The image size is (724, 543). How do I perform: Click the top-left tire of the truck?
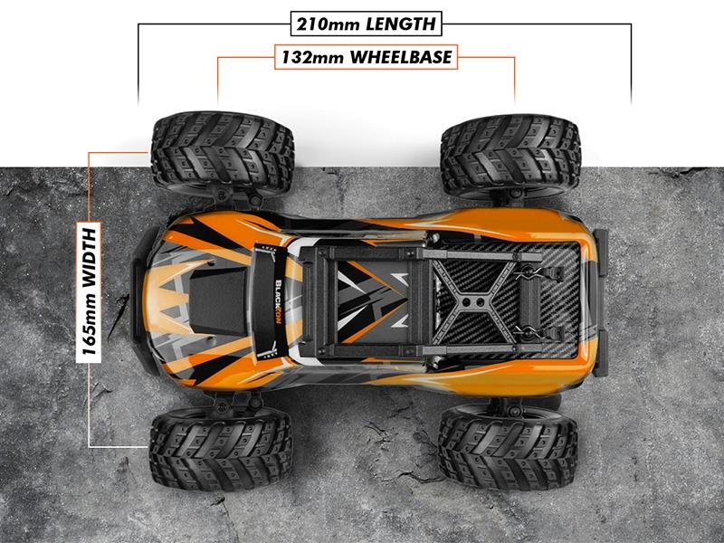click(222, 151)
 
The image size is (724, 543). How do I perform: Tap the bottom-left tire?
click(220, 446)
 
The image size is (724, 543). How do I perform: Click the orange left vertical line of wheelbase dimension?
click(217, 80)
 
